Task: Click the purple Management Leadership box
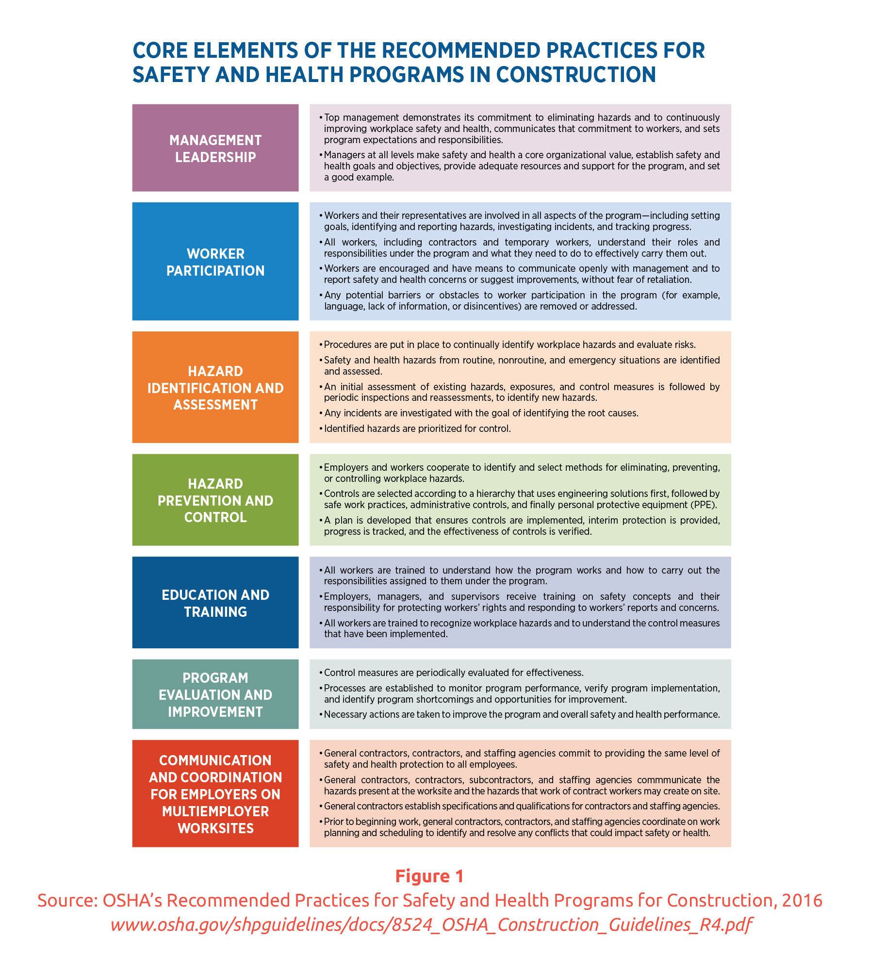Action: (215, 148)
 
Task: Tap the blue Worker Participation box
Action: (215, 262)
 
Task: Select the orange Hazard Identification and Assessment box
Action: (215, 387)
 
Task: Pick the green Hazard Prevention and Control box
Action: (215, 500)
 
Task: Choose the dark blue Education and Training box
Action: (215, 603)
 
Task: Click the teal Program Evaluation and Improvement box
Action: (215, 694)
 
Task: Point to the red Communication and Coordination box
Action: (215, 794)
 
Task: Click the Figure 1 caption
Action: (429, 876)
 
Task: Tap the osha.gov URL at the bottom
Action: (431, 924)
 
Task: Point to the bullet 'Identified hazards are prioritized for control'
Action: (417, 429)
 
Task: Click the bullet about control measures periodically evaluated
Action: (453, 673)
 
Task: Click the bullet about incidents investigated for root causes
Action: (481, 413)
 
